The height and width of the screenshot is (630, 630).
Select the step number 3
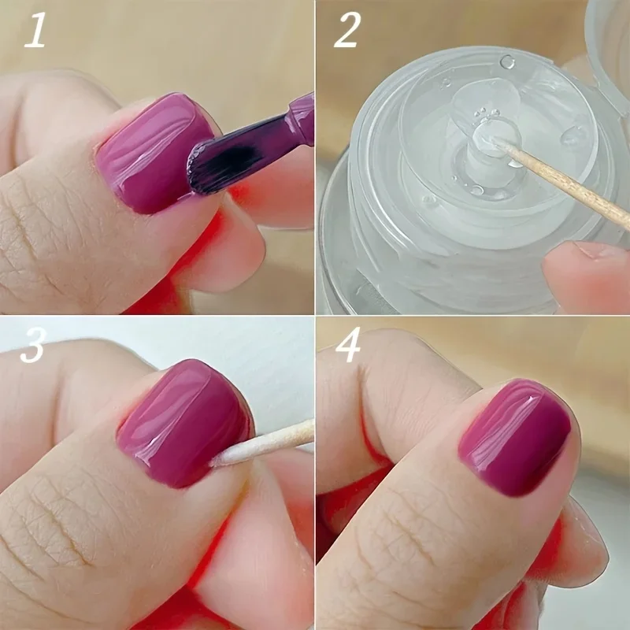coord(33,347)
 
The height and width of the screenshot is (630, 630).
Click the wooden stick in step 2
coord(567,182)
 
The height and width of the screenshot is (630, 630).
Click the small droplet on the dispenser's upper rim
coord(507,61)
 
